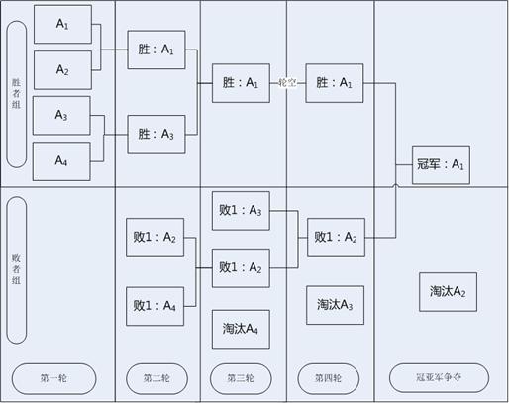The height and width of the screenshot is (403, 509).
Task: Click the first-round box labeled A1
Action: [x=62, y=24]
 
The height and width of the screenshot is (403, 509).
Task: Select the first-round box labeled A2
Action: [x=62, y=70]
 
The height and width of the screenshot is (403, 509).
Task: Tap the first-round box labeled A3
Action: [x=61, y=116]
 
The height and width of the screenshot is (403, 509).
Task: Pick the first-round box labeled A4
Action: [x=61, y=161]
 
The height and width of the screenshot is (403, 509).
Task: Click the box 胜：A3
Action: [x=156, y=135]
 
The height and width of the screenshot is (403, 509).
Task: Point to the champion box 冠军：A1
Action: [x=441, y=164]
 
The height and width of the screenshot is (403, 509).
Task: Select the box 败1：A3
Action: [x=241, y=211]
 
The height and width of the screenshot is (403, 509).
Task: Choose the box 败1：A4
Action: [x=155, y=306]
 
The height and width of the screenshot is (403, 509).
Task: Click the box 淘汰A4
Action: [x=241, y=329]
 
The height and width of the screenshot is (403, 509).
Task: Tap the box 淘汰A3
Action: [x=336, y=305]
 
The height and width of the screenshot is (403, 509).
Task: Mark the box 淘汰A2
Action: [x=448, y=292]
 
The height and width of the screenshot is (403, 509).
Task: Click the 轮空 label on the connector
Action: [x=287, y=83]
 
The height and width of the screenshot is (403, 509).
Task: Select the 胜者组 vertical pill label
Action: [x=16, y=94]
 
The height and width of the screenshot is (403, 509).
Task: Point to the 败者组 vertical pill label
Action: [x=16, y=270]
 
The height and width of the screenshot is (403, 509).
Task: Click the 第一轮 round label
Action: [x=53, y=378]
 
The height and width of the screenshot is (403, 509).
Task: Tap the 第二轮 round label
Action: [x=156, y=378]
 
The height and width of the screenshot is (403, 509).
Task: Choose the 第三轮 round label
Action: [x=241, y=378]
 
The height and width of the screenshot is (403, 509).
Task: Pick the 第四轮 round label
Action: [x=328, y=378]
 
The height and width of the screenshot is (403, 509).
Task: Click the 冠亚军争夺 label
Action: [x=439, y=378]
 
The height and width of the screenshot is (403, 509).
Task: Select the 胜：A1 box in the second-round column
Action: [x=156, y=50]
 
